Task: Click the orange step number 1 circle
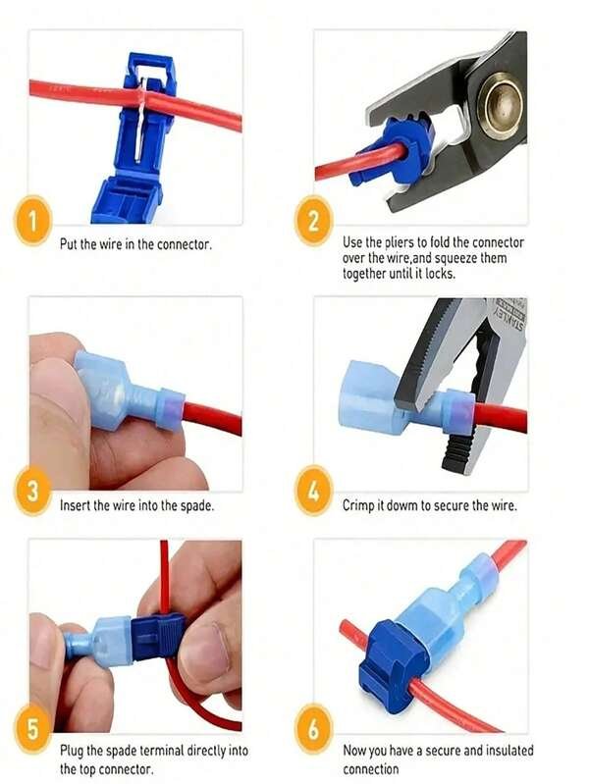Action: tap(32, 221)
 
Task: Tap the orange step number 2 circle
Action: tap(314, 221)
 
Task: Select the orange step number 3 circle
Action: tap(32, 491)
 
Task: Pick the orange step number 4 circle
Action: tap(314, 491)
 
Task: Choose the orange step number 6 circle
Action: tap(314, 728)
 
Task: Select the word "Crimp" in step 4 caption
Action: tap(356, 505)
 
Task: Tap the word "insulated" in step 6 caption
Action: tap(508, 751)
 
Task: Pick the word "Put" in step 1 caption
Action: tap(69, 244)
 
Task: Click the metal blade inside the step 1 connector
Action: tap(141, 118)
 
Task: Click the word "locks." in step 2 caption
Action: tap(441, 274)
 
